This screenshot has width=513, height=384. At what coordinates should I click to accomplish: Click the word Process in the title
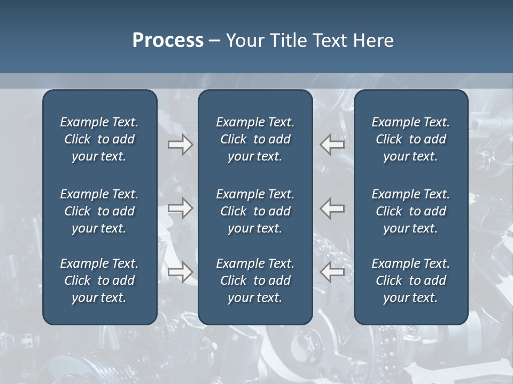coord(168,41)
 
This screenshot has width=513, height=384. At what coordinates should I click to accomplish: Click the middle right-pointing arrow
coord(181,207)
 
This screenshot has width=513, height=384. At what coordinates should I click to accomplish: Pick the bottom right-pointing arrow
coord(181,272)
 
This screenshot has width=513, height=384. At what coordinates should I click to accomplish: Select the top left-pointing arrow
coord(332,144)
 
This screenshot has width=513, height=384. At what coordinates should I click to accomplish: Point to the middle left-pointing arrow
coord(332,207)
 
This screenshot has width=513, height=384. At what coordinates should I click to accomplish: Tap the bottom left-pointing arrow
coord(332,272)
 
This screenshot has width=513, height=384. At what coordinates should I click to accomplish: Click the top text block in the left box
coord(99,139)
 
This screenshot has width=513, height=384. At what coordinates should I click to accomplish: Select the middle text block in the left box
coord(99,211)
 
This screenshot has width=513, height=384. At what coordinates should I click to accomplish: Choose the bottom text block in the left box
coord(99,281)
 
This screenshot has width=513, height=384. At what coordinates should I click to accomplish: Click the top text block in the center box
coord(255,139)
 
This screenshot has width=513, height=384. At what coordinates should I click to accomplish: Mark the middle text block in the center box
coord(255,211)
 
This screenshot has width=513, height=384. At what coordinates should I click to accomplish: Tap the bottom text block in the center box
coord(255,281)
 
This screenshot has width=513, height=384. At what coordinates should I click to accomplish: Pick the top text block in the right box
coord(411,139)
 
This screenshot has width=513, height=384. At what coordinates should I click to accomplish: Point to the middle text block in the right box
coord(411,211)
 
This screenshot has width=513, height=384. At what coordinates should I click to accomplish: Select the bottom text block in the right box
coord(411,281)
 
